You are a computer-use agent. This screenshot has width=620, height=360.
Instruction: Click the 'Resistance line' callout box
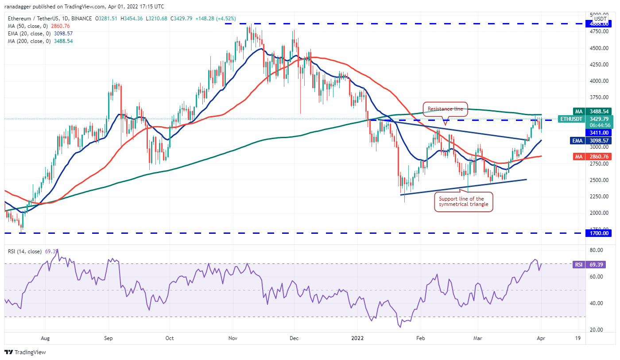coord(445,109)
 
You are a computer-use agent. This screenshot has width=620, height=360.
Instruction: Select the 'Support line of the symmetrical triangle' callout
coord(463,201)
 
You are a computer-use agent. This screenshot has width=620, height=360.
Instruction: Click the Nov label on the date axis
coord(233,338)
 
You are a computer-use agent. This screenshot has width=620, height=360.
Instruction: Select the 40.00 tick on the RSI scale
coord(594,303)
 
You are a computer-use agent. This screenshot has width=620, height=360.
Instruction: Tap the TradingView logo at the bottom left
coord(25,352)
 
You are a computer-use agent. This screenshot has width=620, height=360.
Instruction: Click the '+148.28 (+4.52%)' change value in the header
coord(213,19)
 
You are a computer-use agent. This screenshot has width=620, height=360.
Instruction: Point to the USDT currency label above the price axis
coord(600,19)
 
